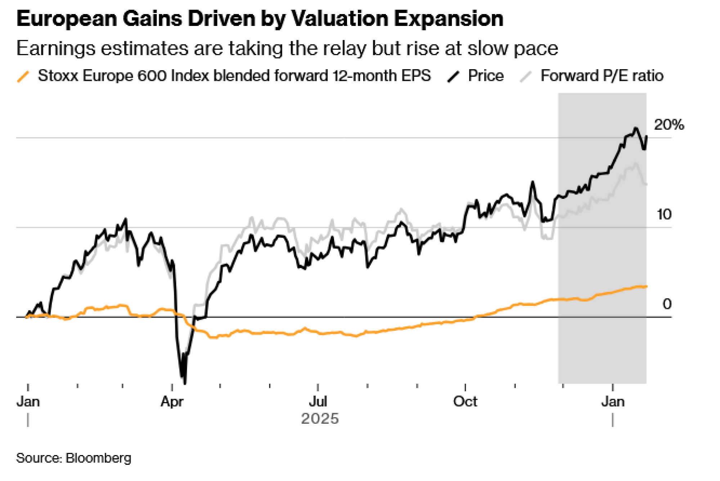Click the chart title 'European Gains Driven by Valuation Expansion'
260,19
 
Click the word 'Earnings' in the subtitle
56,48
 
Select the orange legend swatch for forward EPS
23,76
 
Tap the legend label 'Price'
486,76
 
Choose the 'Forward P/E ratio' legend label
602,76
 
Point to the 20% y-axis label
669,125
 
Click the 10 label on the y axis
664,215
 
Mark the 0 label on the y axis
667,304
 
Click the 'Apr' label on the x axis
172,401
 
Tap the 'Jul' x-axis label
318,401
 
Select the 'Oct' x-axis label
465,401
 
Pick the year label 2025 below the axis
320,419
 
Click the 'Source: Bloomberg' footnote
74,458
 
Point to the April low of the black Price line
185,383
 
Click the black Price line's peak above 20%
636,128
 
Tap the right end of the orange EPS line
646,287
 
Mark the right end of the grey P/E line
646,184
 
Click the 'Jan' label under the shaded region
613,401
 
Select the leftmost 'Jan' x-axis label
28,401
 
